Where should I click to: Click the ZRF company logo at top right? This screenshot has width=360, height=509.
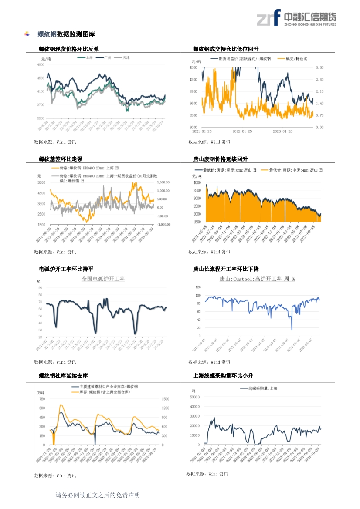[x=296, y=18]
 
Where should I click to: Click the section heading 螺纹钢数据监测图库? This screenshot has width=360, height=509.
[x=66, y=34]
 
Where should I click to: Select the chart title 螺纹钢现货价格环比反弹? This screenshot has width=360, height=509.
[x=68, y=49]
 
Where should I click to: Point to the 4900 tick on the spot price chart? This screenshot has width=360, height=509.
[x=41, y=64]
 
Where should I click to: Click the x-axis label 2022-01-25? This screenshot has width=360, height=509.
[x=243, y=131]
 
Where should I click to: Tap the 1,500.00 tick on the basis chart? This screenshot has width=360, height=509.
[x=163, y=182]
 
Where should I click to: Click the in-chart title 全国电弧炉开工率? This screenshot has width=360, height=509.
[x=103, y=279]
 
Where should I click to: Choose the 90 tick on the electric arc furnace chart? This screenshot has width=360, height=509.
[x=40, y=287]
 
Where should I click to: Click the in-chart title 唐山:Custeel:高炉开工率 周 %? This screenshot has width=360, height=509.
[x=257, y=279]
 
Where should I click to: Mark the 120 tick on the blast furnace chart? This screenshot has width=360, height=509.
[x=198, y=287]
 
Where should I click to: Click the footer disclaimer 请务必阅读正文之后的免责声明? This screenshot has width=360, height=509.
[x=98, y=495]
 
